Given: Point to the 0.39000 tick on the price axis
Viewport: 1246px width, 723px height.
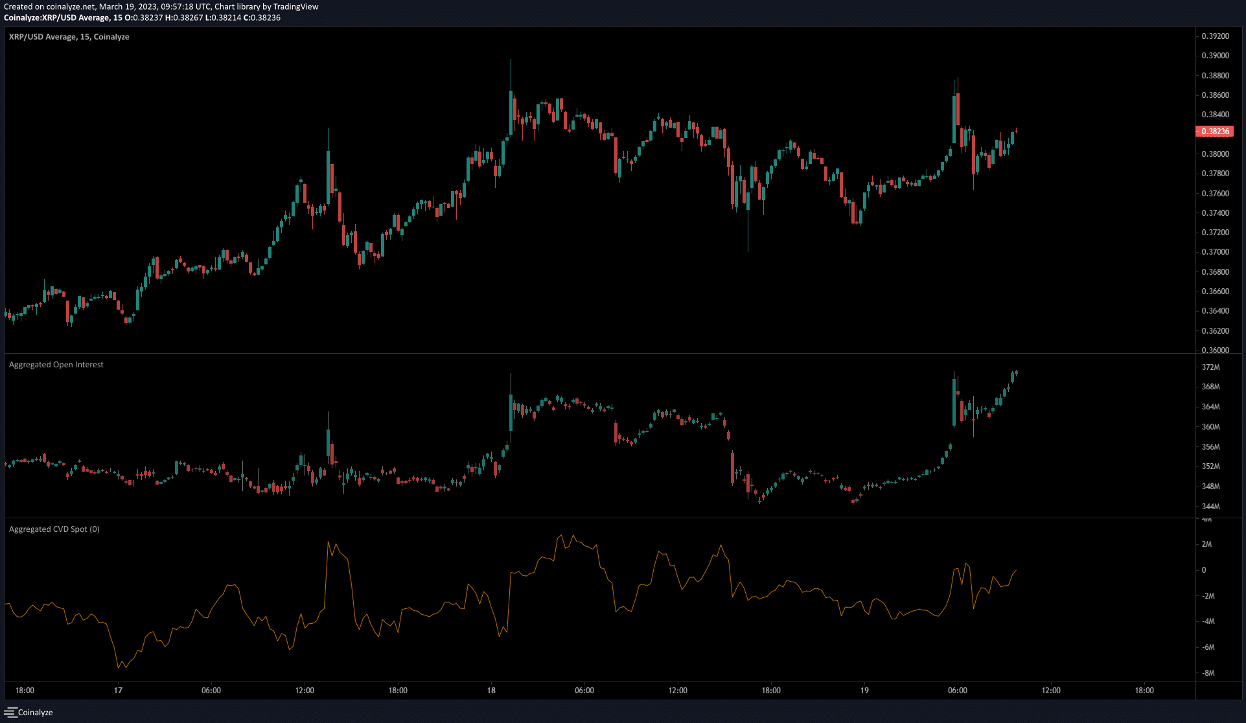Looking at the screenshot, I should (1215, 56).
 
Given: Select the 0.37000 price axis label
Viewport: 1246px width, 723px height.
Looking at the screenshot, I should (1215, 252).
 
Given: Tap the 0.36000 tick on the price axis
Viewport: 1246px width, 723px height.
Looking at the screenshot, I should (1215, 350).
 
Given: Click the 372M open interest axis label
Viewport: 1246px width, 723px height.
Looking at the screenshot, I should (1210, 367).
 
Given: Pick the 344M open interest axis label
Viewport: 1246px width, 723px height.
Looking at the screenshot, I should (1210, 507).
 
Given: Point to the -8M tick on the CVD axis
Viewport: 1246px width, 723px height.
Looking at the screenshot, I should (1208, 673).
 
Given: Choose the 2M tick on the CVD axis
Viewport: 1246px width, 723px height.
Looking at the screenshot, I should (1206, 544).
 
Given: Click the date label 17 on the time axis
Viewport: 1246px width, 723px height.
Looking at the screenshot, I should (118, 691).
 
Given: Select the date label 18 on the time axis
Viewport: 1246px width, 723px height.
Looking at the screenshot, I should (491, 691).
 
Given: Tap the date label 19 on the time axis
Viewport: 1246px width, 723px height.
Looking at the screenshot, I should (864, 691).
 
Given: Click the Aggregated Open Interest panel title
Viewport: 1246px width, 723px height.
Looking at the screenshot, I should (56, 365).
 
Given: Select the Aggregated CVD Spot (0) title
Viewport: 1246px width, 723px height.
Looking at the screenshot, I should (54, 529).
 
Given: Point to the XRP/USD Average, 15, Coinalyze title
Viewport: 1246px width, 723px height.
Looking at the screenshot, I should (69, 37).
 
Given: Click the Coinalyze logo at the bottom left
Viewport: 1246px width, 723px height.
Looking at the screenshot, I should (29, 713).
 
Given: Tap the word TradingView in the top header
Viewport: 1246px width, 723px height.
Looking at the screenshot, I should (295, 6).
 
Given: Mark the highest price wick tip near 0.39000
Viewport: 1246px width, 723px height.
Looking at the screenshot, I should (511, 60).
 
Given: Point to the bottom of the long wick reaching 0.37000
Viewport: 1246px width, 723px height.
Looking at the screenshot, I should (748, 251).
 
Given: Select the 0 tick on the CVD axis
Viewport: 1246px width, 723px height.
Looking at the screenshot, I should (1204, 570).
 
